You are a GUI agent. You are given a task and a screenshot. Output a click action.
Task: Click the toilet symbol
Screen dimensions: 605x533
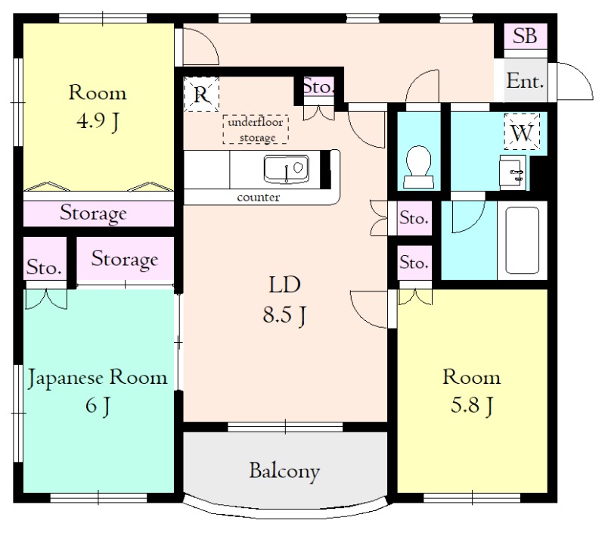(x=418, y=166)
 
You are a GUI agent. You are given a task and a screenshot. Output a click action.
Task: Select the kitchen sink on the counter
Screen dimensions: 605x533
(x=287, y=169)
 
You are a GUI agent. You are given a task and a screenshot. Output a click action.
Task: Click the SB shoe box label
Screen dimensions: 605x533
(x=525, y=36)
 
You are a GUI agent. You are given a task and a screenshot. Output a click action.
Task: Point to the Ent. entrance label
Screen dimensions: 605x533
(x=525, y=81)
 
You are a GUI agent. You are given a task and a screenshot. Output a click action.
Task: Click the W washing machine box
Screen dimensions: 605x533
(x=522, y=132)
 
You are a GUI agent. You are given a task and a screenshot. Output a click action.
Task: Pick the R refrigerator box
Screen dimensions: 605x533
(x=201, y=94)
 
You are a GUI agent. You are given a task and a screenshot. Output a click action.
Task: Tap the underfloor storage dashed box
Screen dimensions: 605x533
(x=256, y=129)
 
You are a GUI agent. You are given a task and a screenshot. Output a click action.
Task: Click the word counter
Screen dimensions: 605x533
(x=258, y=198)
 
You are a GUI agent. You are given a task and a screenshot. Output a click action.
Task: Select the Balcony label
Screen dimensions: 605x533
(x=285, y=471)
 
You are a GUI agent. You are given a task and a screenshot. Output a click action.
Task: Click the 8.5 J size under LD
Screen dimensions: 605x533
(x=284, y=314)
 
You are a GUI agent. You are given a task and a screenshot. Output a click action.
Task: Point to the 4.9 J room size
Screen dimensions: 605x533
(x=98, y=121)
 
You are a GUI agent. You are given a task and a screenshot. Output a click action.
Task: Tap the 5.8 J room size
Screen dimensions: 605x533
(x=471, y=406)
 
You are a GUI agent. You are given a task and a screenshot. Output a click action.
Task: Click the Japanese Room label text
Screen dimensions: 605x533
(x=98, y=378)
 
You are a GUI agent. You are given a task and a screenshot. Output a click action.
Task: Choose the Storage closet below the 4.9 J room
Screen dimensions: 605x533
(x=93, y=213)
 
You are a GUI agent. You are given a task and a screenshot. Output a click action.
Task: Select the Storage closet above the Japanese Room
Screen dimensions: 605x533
(x=125, y=259)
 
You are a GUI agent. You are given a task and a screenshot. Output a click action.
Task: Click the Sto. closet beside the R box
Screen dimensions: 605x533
(x=318, y=86)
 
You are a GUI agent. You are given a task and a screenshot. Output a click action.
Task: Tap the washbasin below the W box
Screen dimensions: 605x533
(x=512, y=172)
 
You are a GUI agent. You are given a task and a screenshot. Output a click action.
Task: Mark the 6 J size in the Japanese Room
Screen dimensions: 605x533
(x=98, y=406)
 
